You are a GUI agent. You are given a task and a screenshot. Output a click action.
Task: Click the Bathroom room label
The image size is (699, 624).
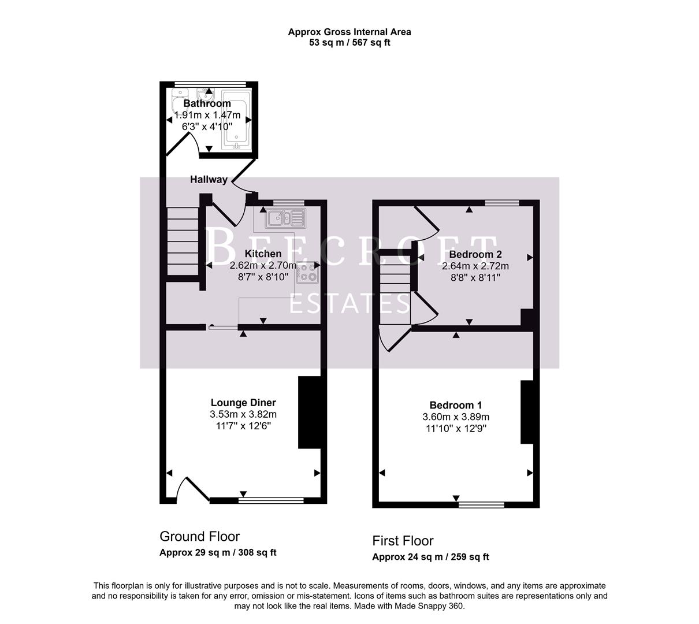pos(207,103)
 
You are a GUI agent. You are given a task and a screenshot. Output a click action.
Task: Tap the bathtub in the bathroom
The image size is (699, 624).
pos(236,120)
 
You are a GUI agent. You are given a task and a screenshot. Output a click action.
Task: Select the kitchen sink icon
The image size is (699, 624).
pos(284,218)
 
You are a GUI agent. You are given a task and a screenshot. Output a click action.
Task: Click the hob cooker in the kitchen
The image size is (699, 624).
pos(307,273)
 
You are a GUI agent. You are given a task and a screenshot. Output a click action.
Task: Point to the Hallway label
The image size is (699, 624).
pos(209,180)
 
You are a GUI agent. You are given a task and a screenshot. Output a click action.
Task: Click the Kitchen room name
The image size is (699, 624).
pos(263,254)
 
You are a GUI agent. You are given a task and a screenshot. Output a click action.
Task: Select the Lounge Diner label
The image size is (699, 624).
pos(243,403)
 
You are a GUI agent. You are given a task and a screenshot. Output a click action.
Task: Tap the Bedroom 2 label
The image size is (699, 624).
pos(475,254)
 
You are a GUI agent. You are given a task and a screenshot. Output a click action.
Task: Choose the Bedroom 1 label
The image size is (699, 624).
pos(455,406)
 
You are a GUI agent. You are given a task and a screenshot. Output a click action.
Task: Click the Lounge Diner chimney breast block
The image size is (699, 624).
pos(309,412)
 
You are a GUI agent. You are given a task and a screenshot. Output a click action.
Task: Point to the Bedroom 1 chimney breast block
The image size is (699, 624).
pos(526,411)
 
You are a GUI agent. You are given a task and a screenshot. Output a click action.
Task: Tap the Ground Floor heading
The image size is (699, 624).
pos(199,536)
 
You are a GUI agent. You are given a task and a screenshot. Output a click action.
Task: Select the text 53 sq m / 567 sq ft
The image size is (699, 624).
pos(349,42)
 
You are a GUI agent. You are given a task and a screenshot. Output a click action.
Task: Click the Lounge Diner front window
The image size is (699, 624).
pos(270,500)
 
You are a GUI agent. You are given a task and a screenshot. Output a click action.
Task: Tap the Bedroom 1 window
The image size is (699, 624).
pos(481,504)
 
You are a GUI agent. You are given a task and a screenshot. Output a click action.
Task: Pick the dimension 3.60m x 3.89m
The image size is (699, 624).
pos(456,417)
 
